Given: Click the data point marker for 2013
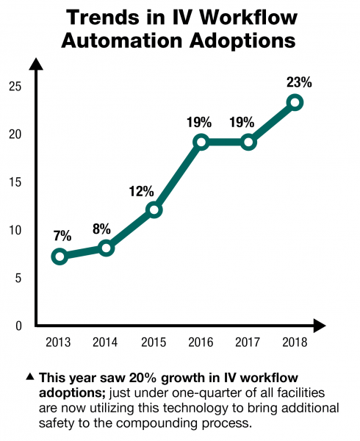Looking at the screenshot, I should pyautogui.click(x=60, y=257).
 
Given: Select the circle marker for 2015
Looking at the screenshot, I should pyautogui.click(x=154, y=210).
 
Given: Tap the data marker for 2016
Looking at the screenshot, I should pyautogui.click(x=201, y=143).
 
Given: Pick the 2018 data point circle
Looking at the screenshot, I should pyautogui.click(x=295, y=103).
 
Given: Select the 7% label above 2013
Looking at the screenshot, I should pyautogui.click(x=62, y=236).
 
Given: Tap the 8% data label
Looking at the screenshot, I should pyautogui.click(x=107, y=228).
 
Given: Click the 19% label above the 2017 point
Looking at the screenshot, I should pyautogui.click(x=248, y=122).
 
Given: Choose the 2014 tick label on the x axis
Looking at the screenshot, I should pyautogui.click(x=107, y=342).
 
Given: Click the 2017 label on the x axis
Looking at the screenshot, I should pyautogui.click(x=248, y=342).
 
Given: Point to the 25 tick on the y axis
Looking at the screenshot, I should pyautogui.click(x=15, y=87).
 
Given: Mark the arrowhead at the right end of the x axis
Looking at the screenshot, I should pyautogui.click(x=320, y=324).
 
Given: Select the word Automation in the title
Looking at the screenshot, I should pyautogui.click(x=120, y=41).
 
